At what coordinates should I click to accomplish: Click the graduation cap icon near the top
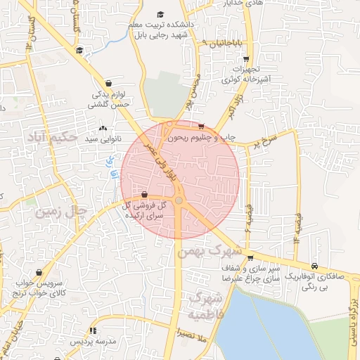click(x=160, y=14)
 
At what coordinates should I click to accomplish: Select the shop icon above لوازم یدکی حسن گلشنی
click(x=108, y=82)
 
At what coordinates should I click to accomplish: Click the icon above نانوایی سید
click(x=104, y=128)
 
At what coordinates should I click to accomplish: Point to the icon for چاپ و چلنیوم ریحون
click(x=201, y=127)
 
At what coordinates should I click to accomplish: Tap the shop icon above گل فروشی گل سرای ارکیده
click(x=144, y=194)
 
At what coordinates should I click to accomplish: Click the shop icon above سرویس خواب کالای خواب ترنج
click(x=39, y=274)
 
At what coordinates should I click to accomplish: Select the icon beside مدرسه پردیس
click(x=92, y=330)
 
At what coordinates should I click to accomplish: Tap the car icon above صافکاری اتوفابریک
click(x=314, y=266)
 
